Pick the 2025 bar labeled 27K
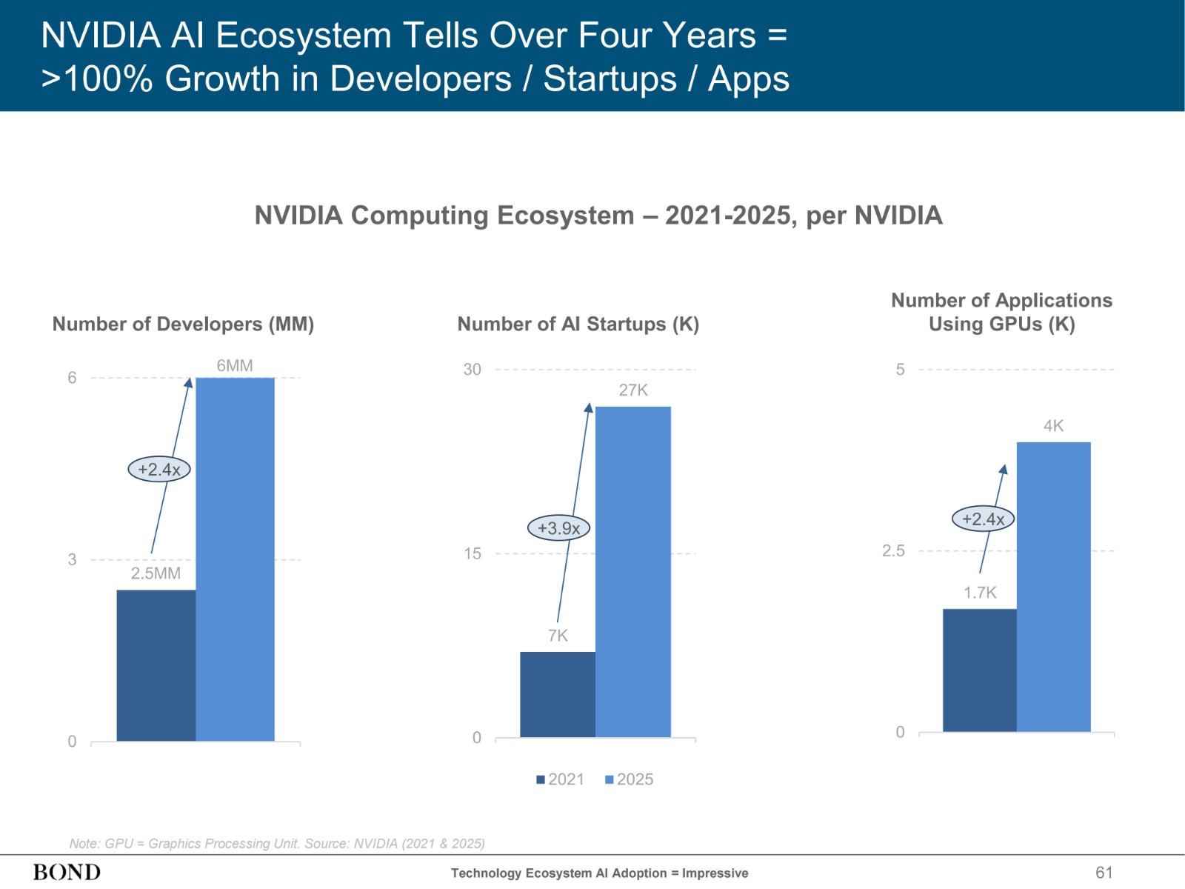click(633, 571)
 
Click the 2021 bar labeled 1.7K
click(979, 670)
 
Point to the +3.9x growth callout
click(558, 528)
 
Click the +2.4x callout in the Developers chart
click(159, 469)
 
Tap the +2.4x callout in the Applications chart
click(983, 519)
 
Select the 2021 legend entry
click(561, 779)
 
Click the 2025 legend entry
click(630, 779)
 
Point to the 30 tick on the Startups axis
click(472, 369)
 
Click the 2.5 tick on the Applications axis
click(893, 550)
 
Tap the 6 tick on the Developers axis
click(72, 378)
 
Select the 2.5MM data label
click(156, 573)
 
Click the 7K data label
click(558, 635)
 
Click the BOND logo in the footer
click(67, 872)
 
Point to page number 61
click(1104, 872)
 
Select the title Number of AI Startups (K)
click(578, 324)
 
